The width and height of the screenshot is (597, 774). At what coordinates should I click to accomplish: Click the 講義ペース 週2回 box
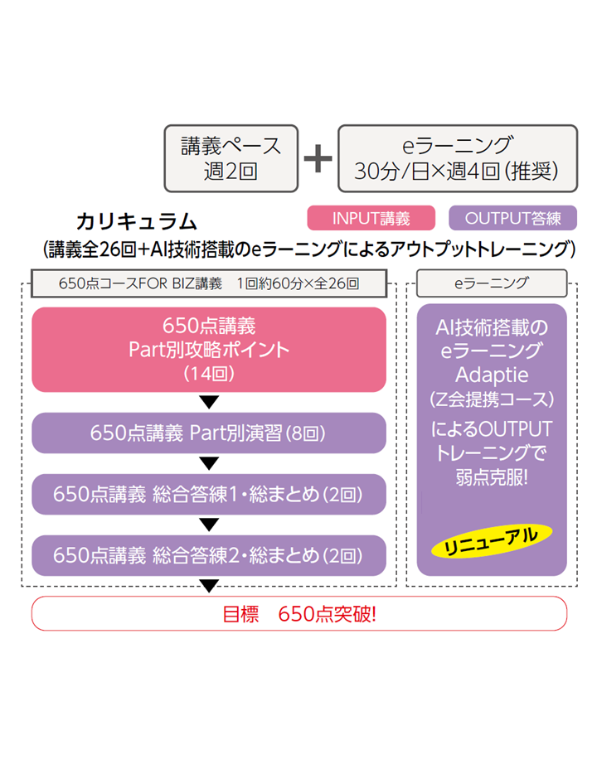pyautogui.click(x=231, y=158)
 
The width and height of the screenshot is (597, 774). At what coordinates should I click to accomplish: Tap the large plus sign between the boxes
pyautogui.click(x=318, y=157)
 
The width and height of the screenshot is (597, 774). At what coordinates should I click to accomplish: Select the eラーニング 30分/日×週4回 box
pyautogui.click(x=458, y=158)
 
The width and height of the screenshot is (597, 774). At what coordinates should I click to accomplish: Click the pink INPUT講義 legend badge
pyautogui.click(x=371, y=218)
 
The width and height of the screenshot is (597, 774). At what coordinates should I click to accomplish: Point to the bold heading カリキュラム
pyautogui.click(x=136, y=221)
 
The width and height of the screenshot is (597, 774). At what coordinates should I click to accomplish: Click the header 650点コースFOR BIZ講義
pyautogui.click(x=209, y=283)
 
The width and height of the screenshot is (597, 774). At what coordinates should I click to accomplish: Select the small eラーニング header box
pyautogui.click(x=491, y=283)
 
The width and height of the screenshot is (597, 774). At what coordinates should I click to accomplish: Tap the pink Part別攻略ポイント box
pyautogui.click(x=209, y=349)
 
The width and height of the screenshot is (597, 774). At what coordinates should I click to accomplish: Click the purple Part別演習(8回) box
pyautogui.click(x=209, y=433)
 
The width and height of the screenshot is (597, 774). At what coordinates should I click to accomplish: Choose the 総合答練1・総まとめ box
pyautogui.click(x=209, y=494)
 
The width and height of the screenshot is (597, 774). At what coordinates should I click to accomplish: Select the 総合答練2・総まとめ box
pyautogui.click(x=209, y=555)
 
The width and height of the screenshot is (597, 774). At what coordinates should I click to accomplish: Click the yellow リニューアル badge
pyautogui.click(x=492, y=539)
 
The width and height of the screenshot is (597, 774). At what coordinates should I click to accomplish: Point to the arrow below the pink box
pyautogui.click(x=209, y=403)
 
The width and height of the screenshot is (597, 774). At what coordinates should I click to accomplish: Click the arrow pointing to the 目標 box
pyautogui.click(x=209, y=587)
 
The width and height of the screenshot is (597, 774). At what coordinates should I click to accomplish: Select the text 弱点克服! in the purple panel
pyautogui.click(x=492, y=478)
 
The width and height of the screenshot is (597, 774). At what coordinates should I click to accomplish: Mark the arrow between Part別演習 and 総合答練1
pyautogui.click(x=209, y=463)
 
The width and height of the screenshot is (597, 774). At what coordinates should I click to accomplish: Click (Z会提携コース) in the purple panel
pyautogui.click(x=492, y=399)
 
